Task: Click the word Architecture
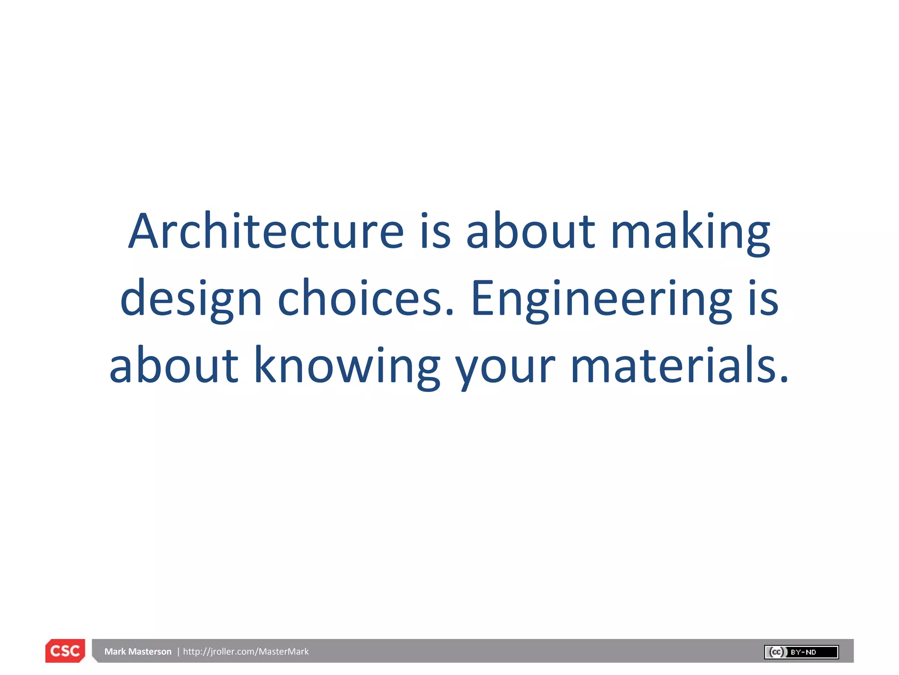coord(266,232)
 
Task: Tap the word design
coord(191,300)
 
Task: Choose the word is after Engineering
coord(764,299)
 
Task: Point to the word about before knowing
coord(174,366)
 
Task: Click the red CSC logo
coord(65,651)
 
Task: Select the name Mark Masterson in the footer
coord(138,652)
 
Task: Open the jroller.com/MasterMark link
coord(246,652)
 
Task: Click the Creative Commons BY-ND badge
coord(801,652)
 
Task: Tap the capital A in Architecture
coord(143,232)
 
